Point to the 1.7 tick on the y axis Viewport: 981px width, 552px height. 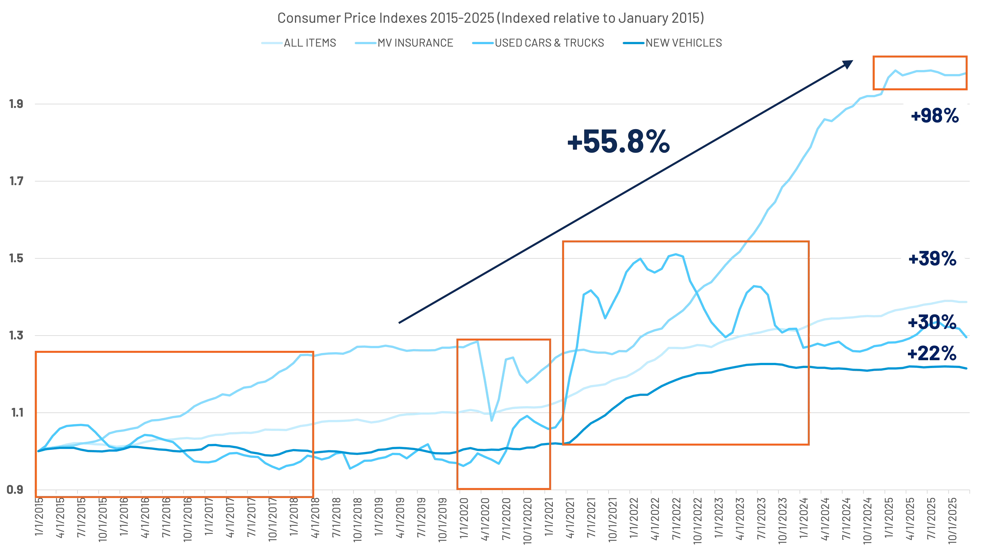click(16, 181)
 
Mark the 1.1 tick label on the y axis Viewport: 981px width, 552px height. click(16, 413)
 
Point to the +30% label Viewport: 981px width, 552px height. click(932, 322)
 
